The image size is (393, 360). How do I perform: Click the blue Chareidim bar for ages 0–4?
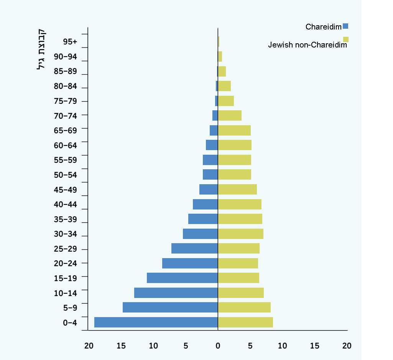point(156,322)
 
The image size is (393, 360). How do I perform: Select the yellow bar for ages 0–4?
point(245,322)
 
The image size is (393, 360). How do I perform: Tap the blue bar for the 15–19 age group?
point(182,278)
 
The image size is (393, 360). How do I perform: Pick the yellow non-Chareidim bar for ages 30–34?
point(240,234)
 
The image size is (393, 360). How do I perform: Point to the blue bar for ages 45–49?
point(209,189)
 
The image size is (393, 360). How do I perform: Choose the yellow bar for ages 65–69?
point(234,130)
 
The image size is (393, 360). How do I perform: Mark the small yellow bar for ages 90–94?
point(220,57)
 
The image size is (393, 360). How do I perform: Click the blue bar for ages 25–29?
point(194,248)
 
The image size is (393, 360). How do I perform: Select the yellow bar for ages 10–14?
point(241,293)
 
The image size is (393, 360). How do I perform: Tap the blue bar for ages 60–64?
point(212,145)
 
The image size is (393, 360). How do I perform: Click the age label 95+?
point(70,42)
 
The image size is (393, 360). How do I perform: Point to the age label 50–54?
point(66,175)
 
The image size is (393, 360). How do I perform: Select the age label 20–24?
point(66,263)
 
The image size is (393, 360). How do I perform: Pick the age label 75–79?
point(66,101)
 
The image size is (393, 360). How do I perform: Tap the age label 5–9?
point(70,308)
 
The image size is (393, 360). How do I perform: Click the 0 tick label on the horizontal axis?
point(218,346)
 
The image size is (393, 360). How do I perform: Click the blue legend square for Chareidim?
point(345,26)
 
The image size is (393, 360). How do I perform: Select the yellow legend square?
point(345,39)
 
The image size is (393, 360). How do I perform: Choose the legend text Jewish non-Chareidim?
point(307,45)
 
